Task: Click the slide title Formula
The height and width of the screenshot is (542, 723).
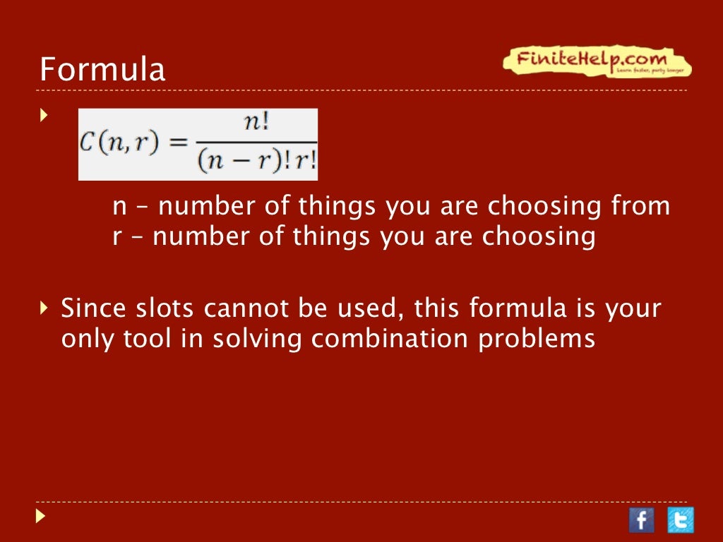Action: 102,70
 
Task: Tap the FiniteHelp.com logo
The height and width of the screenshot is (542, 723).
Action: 597,61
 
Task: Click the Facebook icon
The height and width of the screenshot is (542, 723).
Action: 641,520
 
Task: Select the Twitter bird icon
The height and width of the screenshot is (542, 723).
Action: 681,520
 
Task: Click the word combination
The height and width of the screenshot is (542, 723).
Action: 390,339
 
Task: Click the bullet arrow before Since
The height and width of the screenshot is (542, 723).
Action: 44,308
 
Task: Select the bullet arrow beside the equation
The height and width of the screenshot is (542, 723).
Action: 44,114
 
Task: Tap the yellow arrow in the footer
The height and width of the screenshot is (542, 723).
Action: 40,517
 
